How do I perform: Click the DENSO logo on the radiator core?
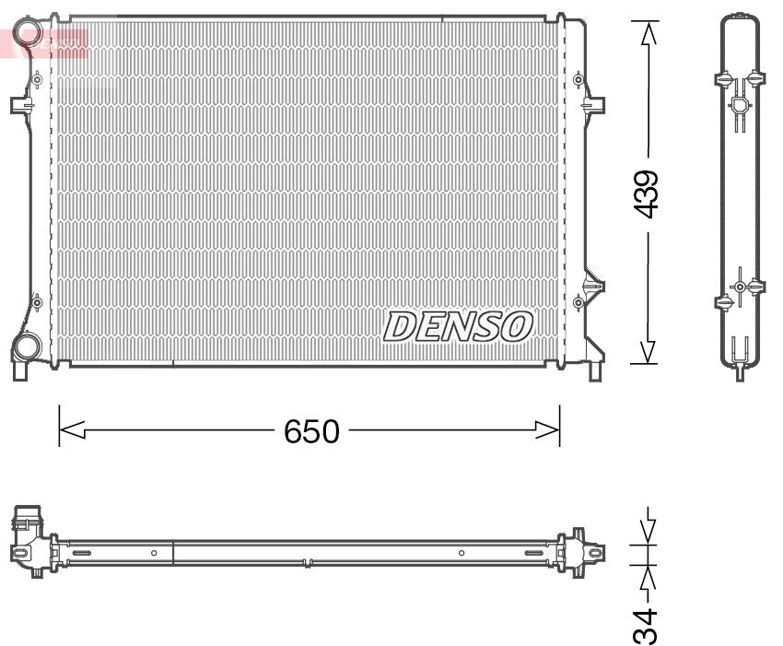tap(458, 326)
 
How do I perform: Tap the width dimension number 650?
tap(311, 430)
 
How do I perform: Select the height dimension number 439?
tap(649, 194)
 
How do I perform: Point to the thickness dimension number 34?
tap(649, 625)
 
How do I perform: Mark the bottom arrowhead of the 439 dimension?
tap(649, 352)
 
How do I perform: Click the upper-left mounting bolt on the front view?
tap(37, 80)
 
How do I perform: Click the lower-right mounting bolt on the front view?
tap(578, 301)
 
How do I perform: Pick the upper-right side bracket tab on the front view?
tap(594, 104)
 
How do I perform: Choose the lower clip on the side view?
tap(740, 287)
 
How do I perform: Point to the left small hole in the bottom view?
tap(154, 553)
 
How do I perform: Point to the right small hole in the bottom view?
tap(462, 553)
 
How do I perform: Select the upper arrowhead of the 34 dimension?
tap(649, 532)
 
